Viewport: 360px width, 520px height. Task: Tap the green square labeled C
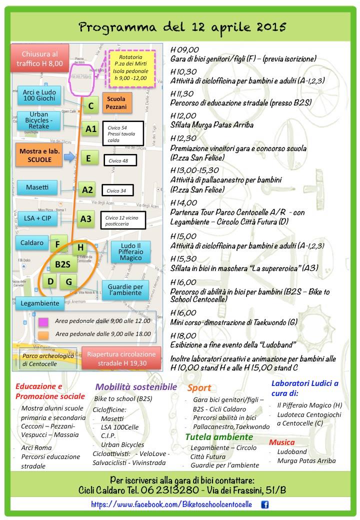(x=90, y=106)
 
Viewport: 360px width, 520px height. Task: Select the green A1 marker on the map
(x=90, y=129)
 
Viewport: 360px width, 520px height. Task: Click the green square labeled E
(x=88, y=158)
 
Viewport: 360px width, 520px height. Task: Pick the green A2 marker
(x=87, y=189)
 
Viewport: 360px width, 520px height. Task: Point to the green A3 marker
(x=86, y=218)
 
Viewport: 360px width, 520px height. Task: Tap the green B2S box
(x=63, y=264)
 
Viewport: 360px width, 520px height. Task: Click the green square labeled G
(x=68, y=281)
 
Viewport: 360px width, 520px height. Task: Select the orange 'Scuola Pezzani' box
(x=116, y=103)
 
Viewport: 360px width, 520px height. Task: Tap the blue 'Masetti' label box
(x=38, y=187)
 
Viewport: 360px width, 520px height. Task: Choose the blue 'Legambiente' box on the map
(x=40, y=303)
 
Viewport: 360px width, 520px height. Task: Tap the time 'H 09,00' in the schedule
(x=184, y=49)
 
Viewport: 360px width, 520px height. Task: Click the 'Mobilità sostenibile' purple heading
(x=136, y=386)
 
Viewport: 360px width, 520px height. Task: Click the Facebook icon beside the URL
(x=265, y=504)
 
